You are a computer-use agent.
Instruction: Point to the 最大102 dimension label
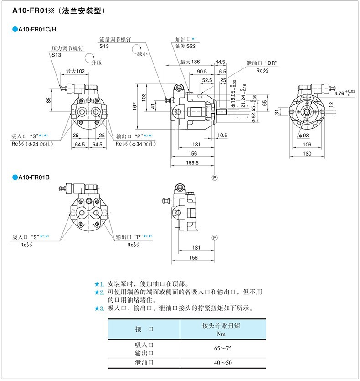click(75, 71)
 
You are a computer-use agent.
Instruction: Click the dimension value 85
click(48, 100)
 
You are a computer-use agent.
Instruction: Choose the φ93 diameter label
click(303, 135)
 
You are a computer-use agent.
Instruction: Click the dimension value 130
click(308, 154)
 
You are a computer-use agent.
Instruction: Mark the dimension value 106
click(308, 145)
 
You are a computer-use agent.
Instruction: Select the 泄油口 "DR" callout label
click(262, 63)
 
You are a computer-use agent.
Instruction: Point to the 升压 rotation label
click(95, 62)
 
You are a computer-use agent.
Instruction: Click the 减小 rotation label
click(143, 54)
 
